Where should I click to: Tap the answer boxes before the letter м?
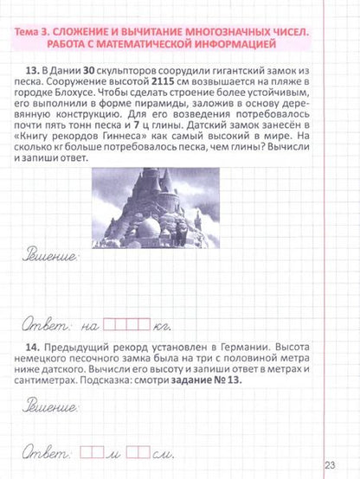pyautogui.click(x=91, y=450)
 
